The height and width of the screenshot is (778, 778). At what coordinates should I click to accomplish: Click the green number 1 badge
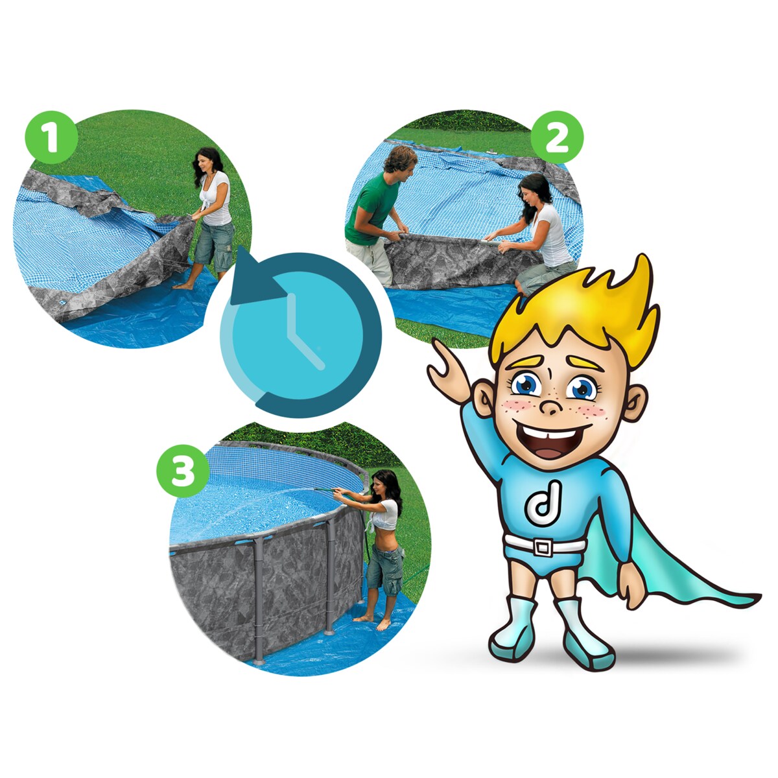point(51,137)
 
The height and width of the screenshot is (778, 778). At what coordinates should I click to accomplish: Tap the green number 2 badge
point(557,137)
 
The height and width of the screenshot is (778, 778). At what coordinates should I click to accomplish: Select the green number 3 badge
point(183,471)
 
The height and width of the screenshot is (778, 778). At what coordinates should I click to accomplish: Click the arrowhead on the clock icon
point(255,278)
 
